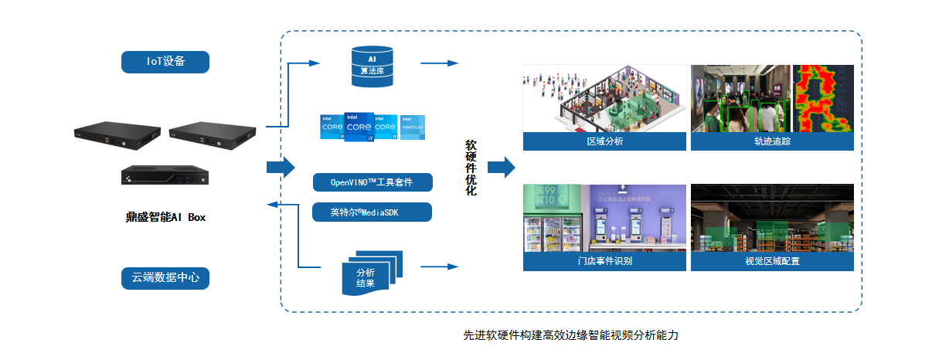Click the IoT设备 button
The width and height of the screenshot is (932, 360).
pos(165,62)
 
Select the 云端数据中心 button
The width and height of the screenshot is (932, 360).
pos(165,277)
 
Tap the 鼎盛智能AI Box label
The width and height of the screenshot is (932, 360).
pos(165,217)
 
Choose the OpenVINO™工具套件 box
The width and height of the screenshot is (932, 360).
pos(372,183)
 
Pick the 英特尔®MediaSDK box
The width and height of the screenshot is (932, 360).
pos(372,212)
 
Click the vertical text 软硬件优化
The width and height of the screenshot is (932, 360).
pos(471,167)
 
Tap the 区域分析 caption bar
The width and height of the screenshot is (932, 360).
pos(604,141)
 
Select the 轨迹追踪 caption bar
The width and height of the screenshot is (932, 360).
pos(772,141)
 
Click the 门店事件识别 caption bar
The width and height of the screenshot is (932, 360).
pos(604,261)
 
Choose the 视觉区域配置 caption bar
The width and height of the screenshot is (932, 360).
pos(772,261)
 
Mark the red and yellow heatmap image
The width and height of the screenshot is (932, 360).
pos(824,98)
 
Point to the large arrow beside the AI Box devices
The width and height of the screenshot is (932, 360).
pos(281,167)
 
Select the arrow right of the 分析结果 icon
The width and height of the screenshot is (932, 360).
pos(440,267)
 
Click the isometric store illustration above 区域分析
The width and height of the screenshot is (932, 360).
pos(604,98)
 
